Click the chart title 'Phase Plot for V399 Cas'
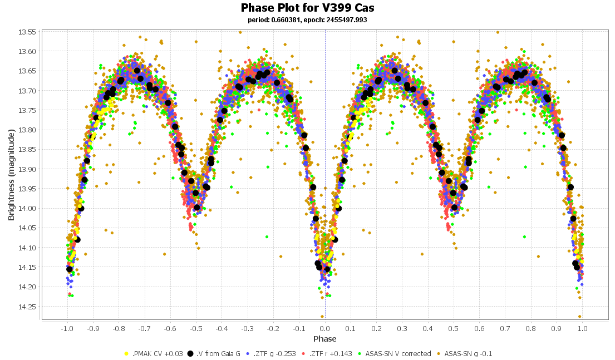[307, 7]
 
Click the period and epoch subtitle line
[307, 19]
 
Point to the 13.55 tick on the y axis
[27, 32]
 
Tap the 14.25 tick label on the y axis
[27, 306]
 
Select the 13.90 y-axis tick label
[27, 169]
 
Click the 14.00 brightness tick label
[27, 208]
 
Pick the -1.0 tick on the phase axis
[67, 329]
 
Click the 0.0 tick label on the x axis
[325, 329]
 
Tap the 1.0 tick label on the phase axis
[583, 329]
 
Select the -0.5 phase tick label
[196, 329]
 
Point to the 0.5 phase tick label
[454, 329]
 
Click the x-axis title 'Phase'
[325, 339]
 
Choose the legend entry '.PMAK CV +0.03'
[154, 354]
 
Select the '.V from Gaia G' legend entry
[214, 354]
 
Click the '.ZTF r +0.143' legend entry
[329, 354]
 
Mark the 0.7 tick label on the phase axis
[505, 329]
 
